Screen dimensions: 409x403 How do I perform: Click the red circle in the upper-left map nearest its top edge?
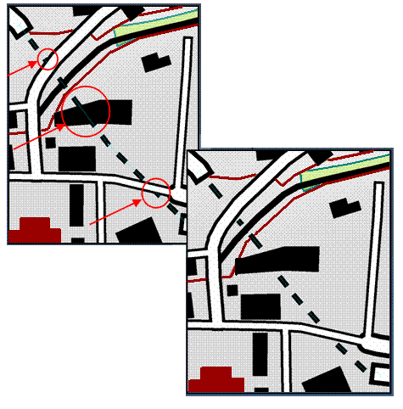[48, 59]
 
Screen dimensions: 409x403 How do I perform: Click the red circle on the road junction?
[156, 193]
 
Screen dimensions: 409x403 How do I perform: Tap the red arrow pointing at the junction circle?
[114, 211]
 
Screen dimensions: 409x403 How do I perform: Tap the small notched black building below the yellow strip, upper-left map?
[155, 61]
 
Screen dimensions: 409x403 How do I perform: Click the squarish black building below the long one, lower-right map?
[260, 306]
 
